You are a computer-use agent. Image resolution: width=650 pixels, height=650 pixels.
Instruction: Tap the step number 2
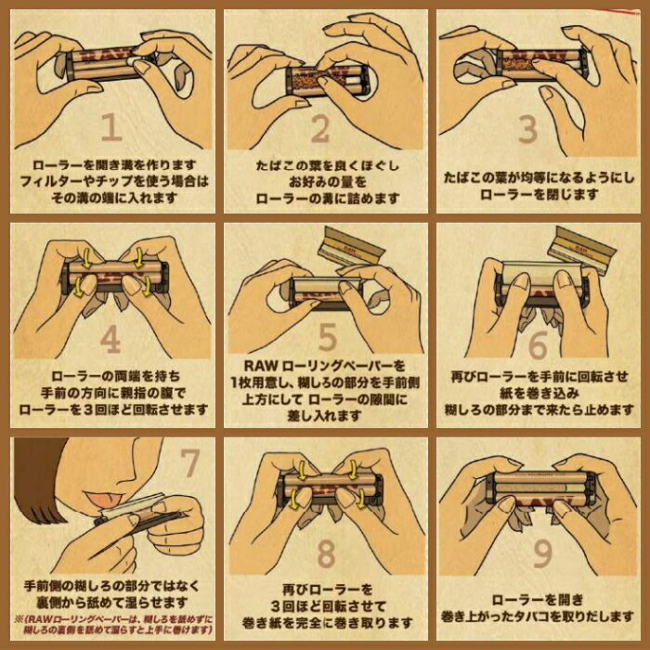coord(320,130)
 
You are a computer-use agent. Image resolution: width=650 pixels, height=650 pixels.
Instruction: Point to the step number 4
coord(110,340)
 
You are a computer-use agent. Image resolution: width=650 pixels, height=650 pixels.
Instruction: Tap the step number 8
coord(325,553)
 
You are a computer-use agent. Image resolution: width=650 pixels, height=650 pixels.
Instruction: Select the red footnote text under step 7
coord(112,626)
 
